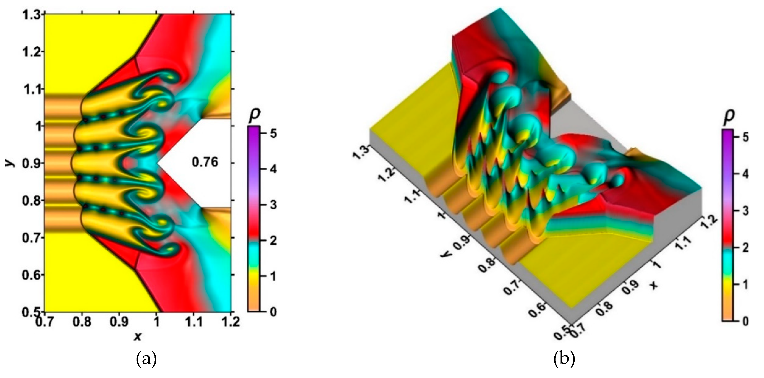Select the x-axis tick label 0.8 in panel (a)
click(x=82, y=322)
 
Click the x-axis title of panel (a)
click(x=137, y=336)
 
